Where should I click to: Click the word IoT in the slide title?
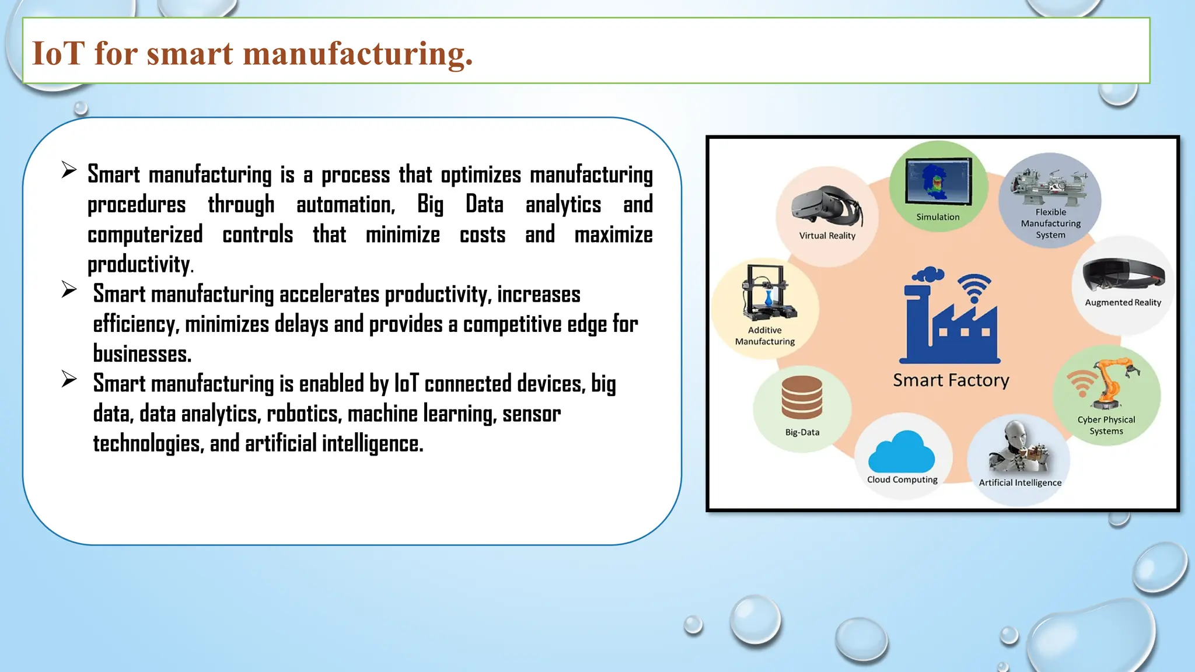pyautogui.click(x=58, y=53)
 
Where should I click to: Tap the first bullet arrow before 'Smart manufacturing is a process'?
pyautogui.click(x=69, y=170)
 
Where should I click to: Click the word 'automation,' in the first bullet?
pyautogui.click(x=345, y=205)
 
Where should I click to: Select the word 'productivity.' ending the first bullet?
pyautogui.click(x=140, y=264)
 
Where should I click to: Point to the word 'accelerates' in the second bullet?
pyautogui.click(x=329, y=294)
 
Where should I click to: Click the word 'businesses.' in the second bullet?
pyautogui.click(x=142, y=353)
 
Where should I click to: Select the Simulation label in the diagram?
pyautogui.click(x=938, y=217)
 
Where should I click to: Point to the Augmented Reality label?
pyautogui.click(x=1123, y=302)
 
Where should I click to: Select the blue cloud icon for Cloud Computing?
pyautogui.click(x=902, y=452)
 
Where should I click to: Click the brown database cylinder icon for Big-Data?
pyautogui.click(x=802, y=397)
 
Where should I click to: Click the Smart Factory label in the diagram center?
pyautogui.click(x=951, y=380)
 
